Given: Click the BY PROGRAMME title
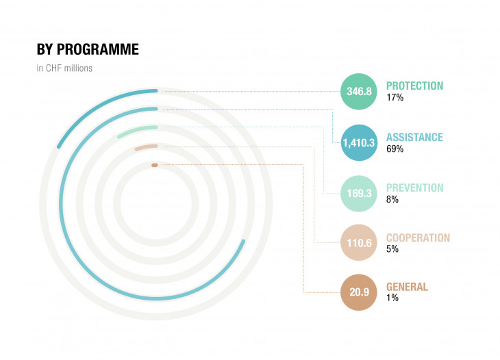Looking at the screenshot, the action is click(88, 49).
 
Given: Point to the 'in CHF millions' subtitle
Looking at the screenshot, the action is click(64, 68).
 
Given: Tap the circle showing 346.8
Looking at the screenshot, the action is click(359, 92).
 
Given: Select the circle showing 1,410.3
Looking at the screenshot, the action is click(359, 142).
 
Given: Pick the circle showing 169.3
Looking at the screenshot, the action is click(359, 194).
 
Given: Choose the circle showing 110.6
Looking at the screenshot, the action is click(359, 243).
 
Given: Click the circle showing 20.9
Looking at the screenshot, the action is click(359, 292).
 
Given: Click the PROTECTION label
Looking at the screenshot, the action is click(414, 86).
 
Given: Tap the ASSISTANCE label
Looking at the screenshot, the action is click(414, 137).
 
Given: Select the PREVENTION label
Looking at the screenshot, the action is click(415, 188).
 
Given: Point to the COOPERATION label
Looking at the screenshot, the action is click(418, 237).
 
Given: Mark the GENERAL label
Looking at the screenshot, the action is click(408, 287).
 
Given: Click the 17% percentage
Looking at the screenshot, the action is click(395, 97).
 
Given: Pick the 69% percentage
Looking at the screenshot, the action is click(395, 149).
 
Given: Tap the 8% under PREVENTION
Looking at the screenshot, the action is click(392, 199).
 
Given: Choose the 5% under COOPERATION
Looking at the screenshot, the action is click(392, 249).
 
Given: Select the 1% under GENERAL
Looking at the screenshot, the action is click(392, 298).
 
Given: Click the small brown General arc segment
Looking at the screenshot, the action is click(155, 165).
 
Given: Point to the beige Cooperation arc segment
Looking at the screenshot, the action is click(146, 147).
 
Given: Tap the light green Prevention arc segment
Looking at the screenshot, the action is click(137, 129).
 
